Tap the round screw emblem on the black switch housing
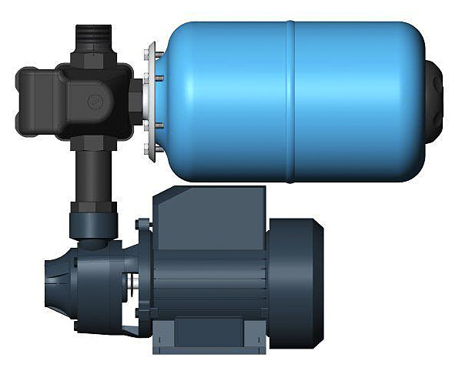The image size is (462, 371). tap(96, 100)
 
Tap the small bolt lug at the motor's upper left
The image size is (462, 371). tap(142, 225)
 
